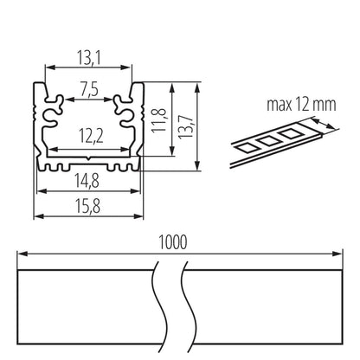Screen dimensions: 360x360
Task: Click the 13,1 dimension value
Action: click(89, 57)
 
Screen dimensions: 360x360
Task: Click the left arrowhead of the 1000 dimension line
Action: click(22, 255)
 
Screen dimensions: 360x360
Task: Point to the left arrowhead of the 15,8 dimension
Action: click(37, 212)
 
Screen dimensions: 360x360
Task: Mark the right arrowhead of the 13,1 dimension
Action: click(132, 68)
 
